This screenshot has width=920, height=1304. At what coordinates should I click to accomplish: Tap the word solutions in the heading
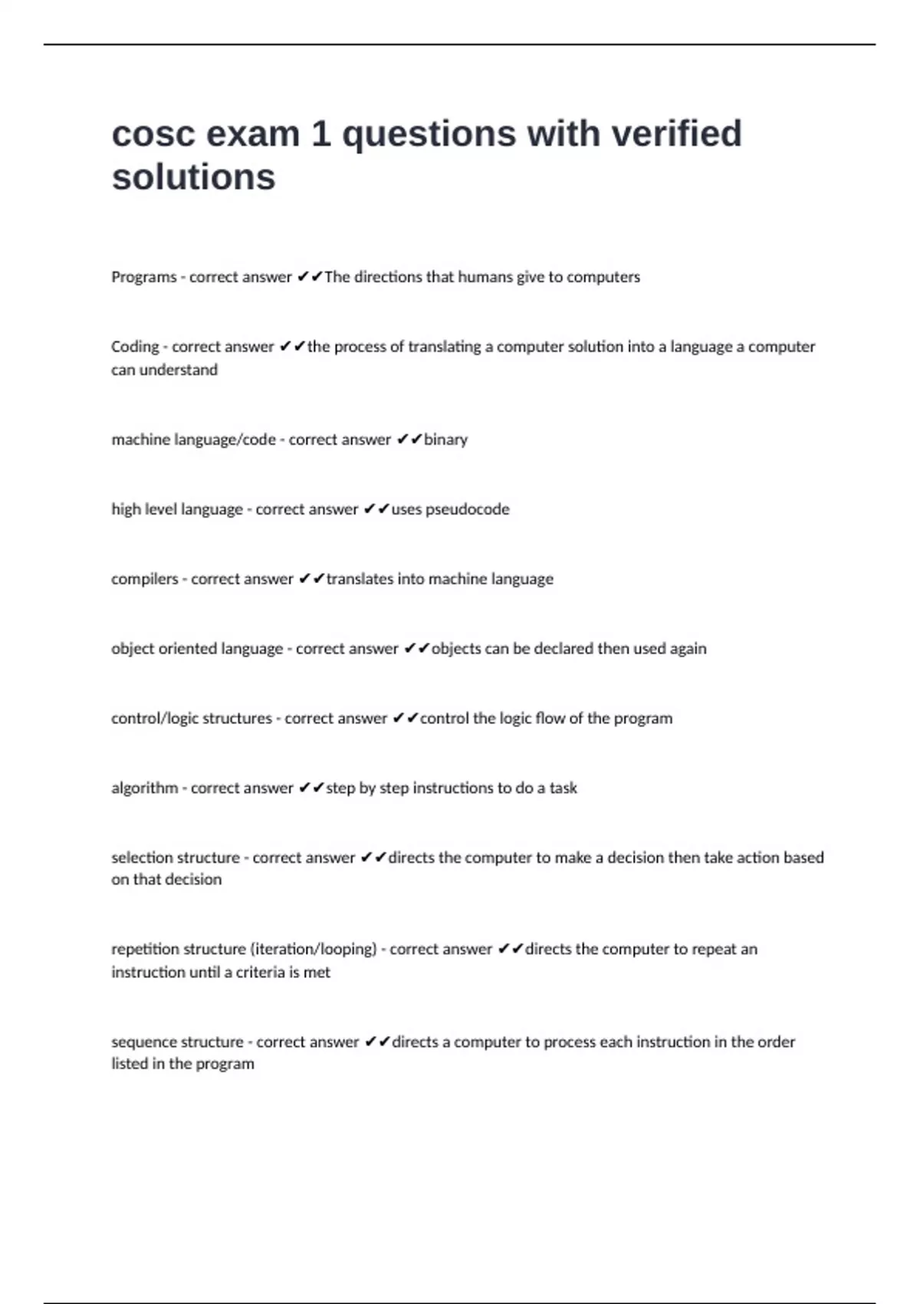coord(193,177)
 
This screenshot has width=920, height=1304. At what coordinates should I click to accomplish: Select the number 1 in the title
coord(320,134)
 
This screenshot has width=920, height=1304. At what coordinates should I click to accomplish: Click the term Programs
coord(144,277)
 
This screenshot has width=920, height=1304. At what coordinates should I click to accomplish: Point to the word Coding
coord(135,347)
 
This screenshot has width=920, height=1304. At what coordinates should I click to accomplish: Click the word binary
coord(445,440)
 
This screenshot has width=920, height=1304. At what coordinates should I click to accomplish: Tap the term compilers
coord(144,579)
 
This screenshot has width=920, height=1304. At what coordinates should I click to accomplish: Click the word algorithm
coord(144,788)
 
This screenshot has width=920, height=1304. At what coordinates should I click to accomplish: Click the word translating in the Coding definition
coord(445,347)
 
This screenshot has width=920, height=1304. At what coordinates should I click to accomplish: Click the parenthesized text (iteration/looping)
coord(314,949)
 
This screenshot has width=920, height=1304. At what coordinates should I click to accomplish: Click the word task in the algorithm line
coord(563,788)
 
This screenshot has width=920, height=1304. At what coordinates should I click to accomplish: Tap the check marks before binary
coord(409,440)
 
